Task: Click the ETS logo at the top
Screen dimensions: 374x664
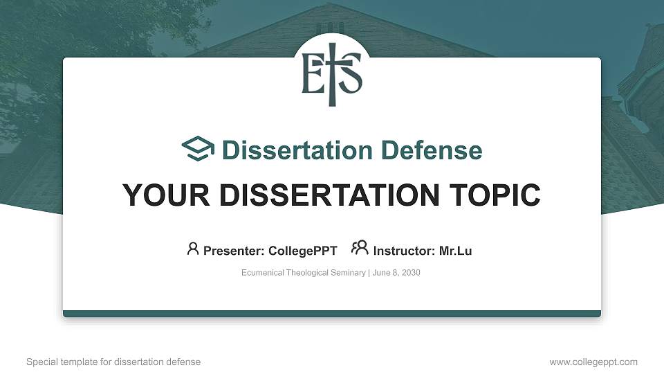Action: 332,75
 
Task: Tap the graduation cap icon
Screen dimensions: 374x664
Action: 199,150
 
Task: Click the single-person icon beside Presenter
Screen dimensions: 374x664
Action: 193,249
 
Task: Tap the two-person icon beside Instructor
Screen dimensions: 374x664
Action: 360,249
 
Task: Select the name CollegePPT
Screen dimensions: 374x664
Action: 303,251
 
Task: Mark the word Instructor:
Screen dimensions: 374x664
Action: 404,251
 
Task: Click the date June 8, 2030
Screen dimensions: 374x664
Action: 396,273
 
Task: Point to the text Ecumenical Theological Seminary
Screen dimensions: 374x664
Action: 303,273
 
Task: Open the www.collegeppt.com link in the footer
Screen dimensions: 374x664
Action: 593,362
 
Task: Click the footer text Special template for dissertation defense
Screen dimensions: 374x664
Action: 113,362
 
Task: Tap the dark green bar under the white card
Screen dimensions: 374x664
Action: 332,314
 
